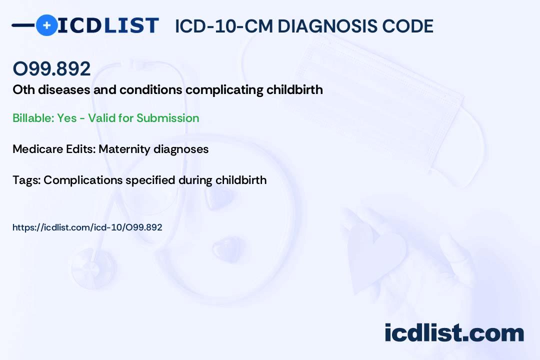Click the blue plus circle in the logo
point(46,25)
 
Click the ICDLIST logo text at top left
point(108,25)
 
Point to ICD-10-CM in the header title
point(224,26)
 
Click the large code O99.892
point(51,68)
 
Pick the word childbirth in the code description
point(294,89)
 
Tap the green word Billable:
point(33,118)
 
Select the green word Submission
point(167,118)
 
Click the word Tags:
point(26,180)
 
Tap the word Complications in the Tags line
point(82,180)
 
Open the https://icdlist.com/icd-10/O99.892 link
point(87,227)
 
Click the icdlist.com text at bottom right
point(454,332)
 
